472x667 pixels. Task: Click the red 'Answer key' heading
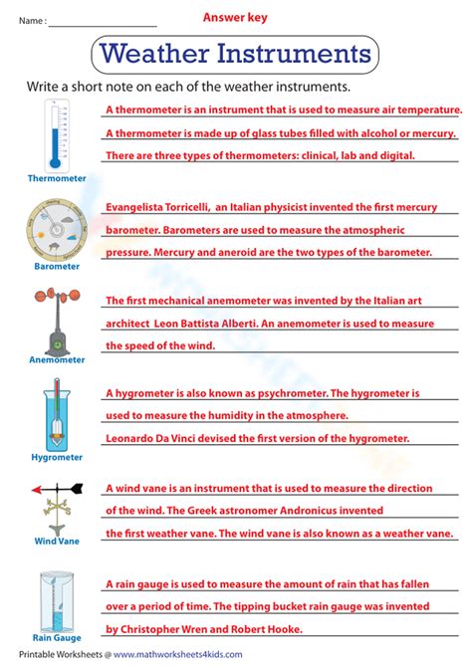pos(235,17)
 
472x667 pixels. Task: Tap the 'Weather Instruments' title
pos(236,52)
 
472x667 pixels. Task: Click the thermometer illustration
pos(56,135)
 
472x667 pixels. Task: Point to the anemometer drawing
pos(56,318)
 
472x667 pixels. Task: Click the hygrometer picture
pos(57,415)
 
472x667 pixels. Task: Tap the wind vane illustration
pos(57,505)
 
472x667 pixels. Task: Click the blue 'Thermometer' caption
pos(57,179)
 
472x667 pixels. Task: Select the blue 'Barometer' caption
pos(56,268)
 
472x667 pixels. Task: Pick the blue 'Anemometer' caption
pos(57,360)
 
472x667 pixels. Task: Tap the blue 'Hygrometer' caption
pos(57,459)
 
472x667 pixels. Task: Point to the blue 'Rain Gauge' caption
pos(56,638)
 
